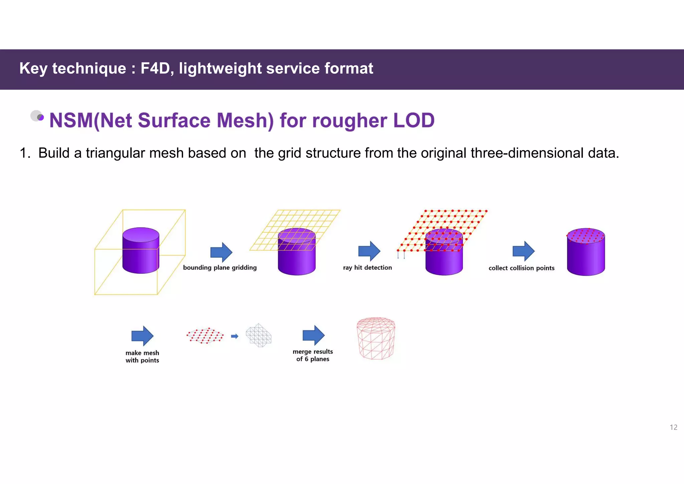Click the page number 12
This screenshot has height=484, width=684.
tap(673, 427)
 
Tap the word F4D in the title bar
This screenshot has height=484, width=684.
tap(156, 69)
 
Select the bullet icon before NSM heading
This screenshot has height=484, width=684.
tap(37, 116)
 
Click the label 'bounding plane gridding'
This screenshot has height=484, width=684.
tap(220, 267)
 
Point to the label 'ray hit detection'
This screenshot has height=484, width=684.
tap(367, 267)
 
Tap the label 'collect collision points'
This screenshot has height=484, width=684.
tap(521, 268)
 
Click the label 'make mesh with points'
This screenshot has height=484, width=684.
tap(142, 356)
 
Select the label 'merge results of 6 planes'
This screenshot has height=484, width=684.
tap(313, 355)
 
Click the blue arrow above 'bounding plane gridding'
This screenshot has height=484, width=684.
tap(221, 252)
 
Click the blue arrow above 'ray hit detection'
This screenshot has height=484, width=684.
tap(369, 251)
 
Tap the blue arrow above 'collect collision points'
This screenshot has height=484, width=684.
tap(523, 251)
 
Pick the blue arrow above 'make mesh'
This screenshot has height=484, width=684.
tap(142, 336)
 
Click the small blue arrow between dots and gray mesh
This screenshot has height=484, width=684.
tap(235, 336)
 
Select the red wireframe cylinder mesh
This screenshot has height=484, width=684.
tap(376, 338)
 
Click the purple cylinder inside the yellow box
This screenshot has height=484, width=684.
tap(141, 251)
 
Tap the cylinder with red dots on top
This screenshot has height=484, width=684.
tap(586, 252)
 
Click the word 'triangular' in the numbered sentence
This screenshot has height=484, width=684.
tap(116, 153)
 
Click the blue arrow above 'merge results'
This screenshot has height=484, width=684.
tap(313, 335)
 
